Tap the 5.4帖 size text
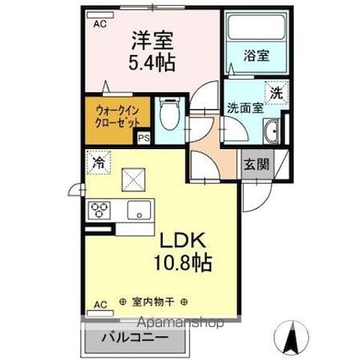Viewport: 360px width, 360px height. [x=152, y=63]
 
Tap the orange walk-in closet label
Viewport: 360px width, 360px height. [x=108, y=115]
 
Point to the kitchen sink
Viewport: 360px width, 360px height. [x=136, y=209]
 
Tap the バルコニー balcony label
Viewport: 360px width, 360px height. [x=135, y=338]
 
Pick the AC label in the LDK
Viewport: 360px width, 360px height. [x=100, y=302]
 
